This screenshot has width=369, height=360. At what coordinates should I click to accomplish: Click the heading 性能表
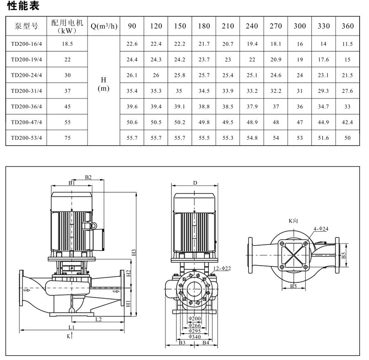point(23,6)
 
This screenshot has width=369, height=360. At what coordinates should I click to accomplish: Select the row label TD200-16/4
point(26,44)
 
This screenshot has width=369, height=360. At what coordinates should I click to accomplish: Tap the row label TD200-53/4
point(26,138)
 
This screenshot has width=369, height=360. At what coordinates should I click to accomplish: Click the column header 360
point(348,26)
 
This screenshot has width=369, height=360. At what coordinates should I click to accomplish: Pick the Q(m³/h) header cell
point(104,26)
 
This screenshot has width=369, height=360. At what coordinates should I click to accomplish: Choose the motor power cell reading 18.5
point(68,44)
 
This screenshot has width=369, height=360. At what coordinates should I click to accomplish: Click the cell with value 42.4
point(348,122)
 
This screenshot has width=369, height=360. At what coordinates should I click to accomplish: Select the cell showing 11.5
point(348,44)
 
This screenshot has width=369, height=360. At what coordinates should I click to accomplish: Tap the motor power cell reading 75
point(68,138)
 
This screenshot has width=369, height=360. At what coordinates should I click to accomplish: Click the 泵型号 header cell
point(26,26)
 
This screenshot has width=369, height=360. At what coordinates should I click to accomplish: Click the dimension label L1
point(72,327)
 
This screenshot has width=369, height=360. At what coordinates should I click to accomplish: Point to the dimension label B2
point(88,177)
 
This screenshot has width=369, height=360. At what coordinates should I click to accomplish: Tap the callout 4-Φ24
point(321,228)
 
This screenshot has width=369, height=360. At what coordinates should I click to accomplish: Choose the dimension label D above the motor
point(195,183)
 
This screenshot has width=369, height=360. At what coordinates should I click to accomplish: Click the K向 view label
point(293,221)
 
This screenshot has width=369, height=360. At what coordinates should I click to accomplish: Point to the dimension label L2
point(99,319)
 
